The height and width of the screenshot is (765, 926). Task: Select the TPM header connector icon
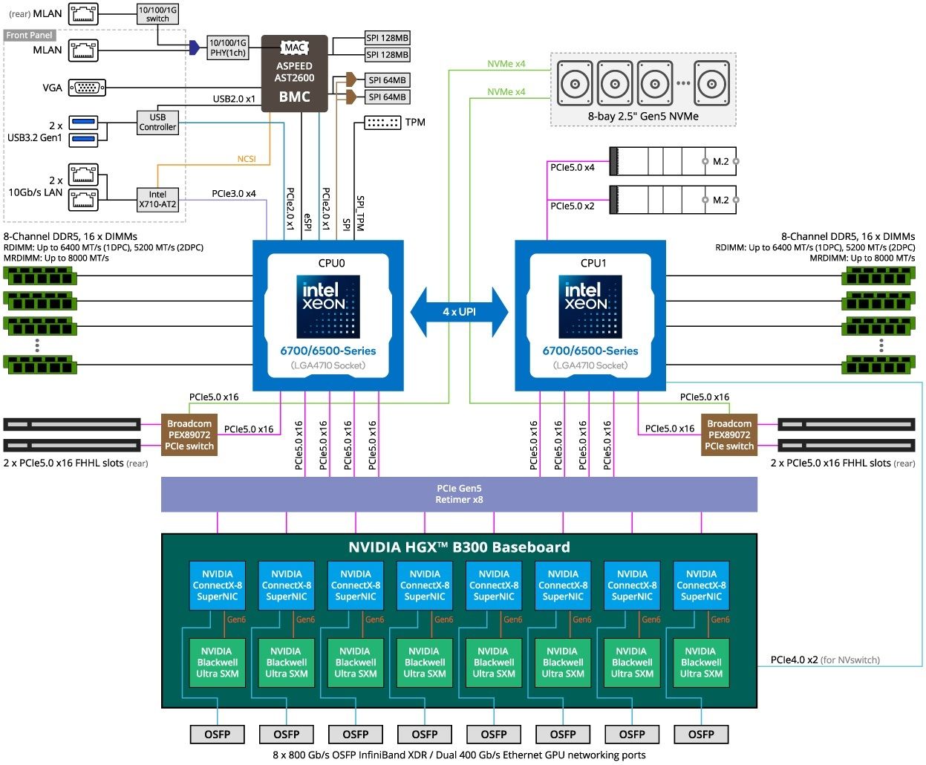point(383,123)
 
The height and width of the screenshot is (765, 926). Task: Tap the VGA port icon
point(87,88)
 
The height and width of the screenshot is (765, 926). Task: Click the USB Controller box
point(157,122)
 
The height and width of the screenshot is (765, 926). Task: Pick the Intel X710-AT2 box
point(157,199)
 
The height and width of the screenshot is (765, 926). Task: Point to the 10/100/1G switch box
point(157,14)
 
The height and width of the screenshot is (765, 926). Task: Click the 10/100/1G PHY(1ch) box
point(228,48)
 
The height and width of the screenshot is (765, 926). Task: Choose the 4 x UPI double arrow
point(459,312)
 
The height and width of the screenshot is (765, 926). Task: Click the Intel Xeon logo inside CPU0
point(328,307)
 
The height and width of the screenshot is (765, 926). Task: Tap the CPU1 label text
point(593,263)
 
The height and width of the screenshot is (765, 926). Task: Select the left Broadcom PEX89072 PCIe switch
point(189,435)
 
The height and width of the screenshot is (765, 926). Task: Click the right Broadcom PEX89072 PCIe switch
point(729,435)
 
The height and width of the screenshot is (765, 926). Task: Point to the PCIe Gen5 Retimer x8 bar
point(459,494)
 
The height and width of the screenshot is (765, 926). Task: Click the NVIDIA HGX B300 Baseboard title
point(459,547)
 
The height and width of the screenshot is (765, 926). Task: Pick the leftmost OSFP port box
point(218,735)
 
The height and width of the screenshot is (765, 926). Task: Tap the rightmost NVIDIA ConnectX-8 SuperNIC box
point(701,585)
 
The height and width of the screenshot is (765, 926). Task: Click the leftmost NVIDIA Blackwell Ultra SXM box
point(218,663)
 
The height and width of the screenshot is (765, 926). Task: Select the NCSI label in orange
point(247,159)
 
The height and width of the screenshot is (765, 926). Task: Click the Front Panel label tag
point(30,35)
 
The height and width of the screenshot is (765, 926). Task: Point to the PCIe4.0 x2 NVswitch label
point(825,660)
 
